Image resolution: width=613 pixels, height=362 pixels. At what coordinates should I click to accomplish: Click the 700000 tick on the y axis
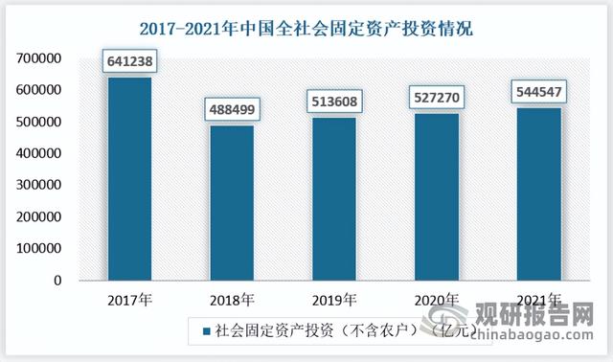[x=39, y=59]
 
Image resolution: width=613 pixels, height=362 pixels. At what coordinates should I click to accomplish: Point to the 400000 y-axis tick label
[x=39, y=153]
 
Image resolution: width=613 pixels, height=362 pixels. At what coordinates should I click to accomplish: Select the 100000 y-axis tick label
[x=39, y=248]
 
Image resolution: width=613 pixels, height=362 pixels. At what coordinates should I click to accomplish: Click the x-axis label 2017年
[x=128, y=299]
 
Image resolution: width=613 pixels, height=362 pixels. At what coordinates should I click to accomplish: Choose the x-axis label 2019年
[x=333, y=299]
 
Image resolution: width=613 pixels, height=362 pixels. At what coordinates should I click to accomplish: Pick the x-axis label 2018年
[x=231, y=299]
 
